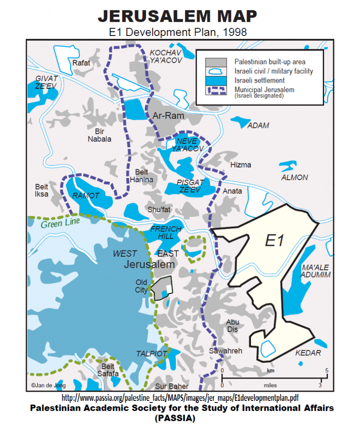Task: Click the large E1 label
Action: coord(274,240)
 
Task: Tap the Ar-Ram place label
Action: coord(168,115)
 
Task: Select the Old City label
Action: coord(142,286)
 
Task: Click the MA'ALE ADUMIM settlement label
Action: coord(316,271)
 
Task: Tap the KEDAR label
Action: coord(308,353)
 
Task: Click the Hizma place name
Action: coord(241,165)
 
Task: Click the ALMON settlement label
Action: coord(294,178)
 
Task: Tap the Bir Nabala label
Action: coord(99,135)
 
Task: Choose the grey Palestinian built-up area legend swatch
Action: coord(216,62)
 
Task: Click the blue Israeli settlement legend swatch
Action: coord(216,80)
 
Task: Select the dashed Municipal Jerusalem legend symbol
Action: coord(216,90)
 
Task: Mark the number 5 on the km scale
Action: coord(327,370)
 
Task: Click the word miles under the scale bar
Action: coord(271,385)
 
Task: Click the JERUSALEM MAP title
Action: coord(177,16)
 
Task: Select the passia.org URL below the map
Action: coord(180,398)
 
